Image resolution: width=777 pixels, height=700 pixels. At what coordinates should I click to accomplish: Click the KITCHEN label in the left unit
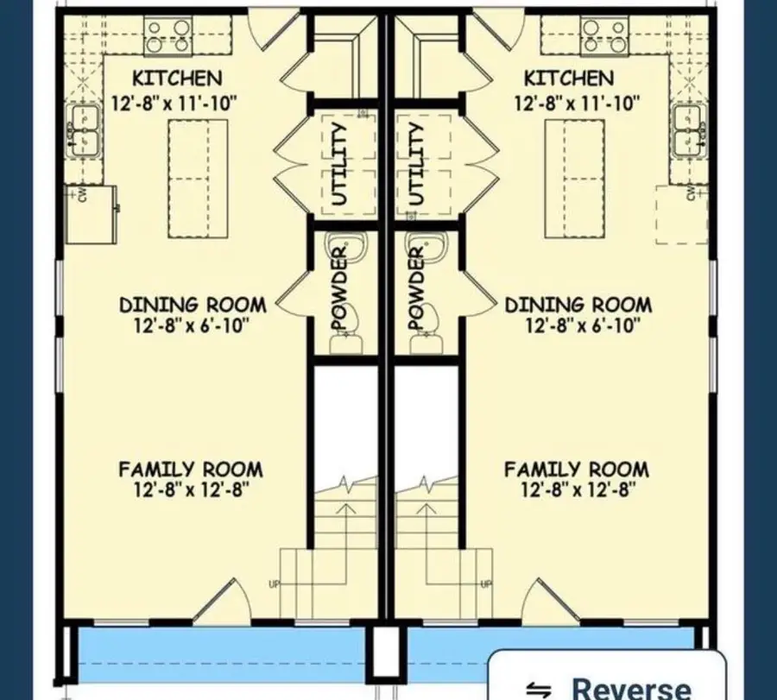click(177, 79)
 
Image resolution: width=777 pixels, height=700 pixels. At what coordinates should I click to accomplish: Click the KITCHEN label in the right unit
click(569, 79)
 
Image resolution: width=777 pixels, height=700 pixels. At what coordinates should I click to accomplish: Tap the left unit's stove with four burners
click(168, 35)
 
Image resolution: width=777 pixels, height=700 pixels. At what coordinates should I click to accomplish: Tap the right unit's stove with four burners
click(604, 35)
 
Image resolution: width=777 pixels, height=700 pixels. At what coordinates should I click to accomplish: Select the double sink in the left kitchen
click(83, 131)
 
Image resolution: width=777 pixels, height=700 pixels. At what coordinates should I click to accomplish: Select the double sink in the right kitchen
click(689, 131)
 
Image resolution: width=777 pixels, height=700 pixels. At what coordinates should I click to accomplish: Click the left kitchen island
click(198, 179)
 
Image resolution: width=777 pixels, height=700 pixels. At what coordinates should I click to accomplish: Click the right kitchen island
click(575, 179)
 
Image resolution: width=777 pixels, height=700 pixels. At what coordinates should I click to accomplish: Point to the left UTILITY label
click(339, 164)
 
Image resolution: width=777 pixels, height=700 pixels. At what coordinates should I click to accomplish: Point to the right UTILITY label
click(417, 164)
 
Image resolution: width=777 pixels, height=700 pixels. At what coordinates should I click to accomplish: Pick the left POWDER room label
click(340, 287)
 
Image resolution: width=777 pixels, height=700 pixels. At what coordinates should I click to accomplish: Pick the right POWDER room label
click(417, 287)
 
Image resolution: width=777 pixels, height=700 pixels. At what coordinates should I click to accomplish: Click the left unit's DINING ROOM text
click(193, 305)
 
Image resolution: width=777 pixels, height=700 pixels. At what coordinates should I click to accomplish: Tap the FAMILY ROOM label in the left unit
click(191, 470)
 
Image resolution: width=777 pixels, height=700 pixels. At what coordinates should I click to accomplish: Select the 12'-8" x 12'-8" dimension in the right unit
click(578, 490)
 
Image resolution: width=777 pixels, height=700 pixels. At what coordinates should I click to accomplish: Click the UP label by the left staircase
click(274, 584)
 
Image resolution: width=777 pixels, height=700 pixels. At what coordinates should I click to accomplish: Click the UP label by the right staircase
click(487, 584)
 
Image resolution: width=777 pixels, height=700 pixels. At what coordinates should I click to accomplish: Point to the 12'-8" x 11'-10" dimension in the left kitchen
click(174, 104)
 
